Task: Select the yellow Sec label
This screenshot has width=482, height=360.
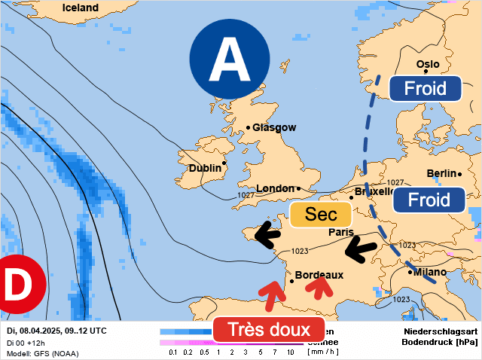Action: pyautogui.click(x=321, y=215)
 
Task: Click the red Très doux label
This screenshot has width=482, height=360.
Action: pyautogui.click(x=269, y=330)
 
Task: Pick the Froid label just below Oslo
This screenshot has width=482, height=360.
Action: pyautogui.click(x=425, y=88)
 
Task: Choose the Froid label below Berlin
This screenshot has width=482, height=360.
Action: pyautogui.click(x=428, y=200)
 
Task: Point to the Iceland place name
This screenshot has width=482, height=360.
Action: pyautogui.click(x=80, y=8)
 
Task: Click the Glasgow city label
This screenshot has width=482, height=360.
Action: pyautogui.click(x=274, y=127)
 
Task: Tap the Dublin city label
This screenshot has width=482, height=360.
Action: pyautogui.click(x=205, y=168)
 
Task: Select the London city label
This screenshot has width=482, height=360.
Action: pyautogui.click(x=275, y=188)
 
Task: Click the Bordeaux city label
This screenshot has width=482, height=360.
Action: pyautogui.click(x=319, y=275)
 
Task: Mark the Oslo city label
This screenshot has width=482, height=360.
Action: pyautogui.click(x=427, y=64)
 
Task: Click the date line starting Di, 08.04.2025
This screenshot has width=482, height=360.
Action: pyautogui.click(x=56, y=331)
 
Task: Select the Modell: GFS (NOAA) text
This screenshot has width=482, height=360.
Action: pyautogui.click(x=42, y=353)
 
